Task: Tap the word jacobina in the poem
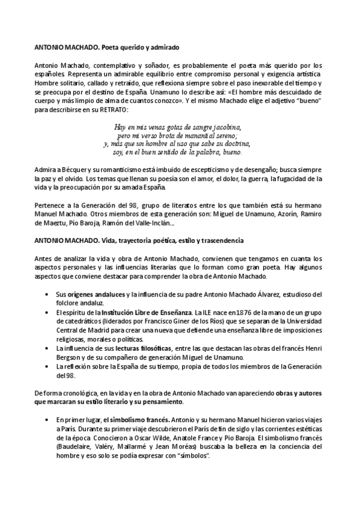point(223,127)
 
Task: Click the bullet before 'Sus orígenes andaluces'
point(47,293)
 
